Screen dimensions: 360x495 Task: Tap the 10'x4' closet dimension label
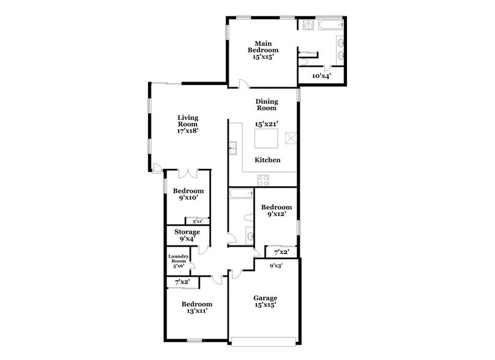pos(321,76)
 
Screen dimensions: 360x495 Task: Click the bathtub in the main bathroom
pos(329,24)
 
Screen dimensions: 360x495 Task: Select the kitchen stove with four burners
pos(264,179)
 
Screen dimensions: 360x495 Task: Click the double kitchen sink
pos(233,148)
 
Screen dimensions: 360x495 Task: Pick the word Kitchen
pos(267,160)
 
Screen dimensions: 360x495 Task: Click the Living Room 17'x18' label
pos(188,124)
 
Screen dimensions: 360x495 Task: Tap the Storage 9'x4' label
pos(187,235)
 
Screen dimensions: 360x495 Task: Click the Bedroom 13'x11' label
pos(197,307)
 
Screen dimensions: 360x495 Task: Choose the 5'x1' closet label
pos(198,221)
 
